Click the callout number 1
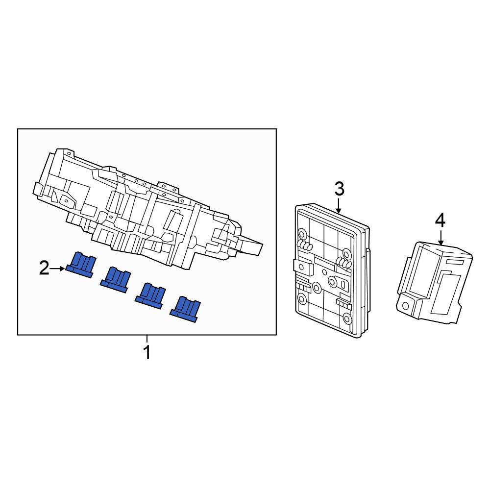point(147,352)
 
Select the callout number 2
point(44,268)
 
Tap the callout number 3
point(340,189)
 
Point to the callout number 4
point(440,221)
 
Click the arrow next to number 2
point(58,269)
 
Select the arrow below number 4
point(441,238)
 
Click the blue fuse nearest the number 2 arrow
point(80,265)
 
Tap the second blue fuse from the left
point(115,280)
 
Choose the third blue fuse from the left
point(150,295)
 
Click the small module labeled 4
point(434,282)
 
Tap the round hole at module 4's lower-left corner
point(406,305)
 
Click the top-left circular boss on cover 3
point(302,233)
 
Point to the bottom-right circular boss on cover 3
point(347,318)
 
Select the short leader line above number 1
point(147,339)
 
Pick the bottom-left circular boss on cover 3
point(302,299)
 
